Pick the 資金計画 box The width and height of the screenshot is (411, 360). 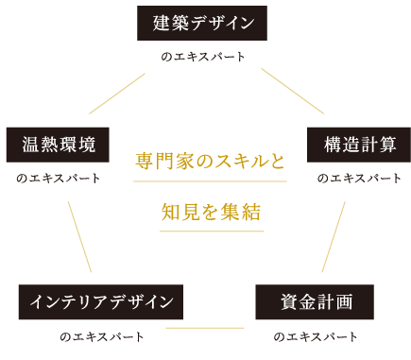316,302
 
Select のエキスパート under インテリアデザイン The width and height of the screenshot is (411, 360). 101,336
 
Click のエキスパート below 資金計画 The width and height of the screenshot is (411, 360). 316,336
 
